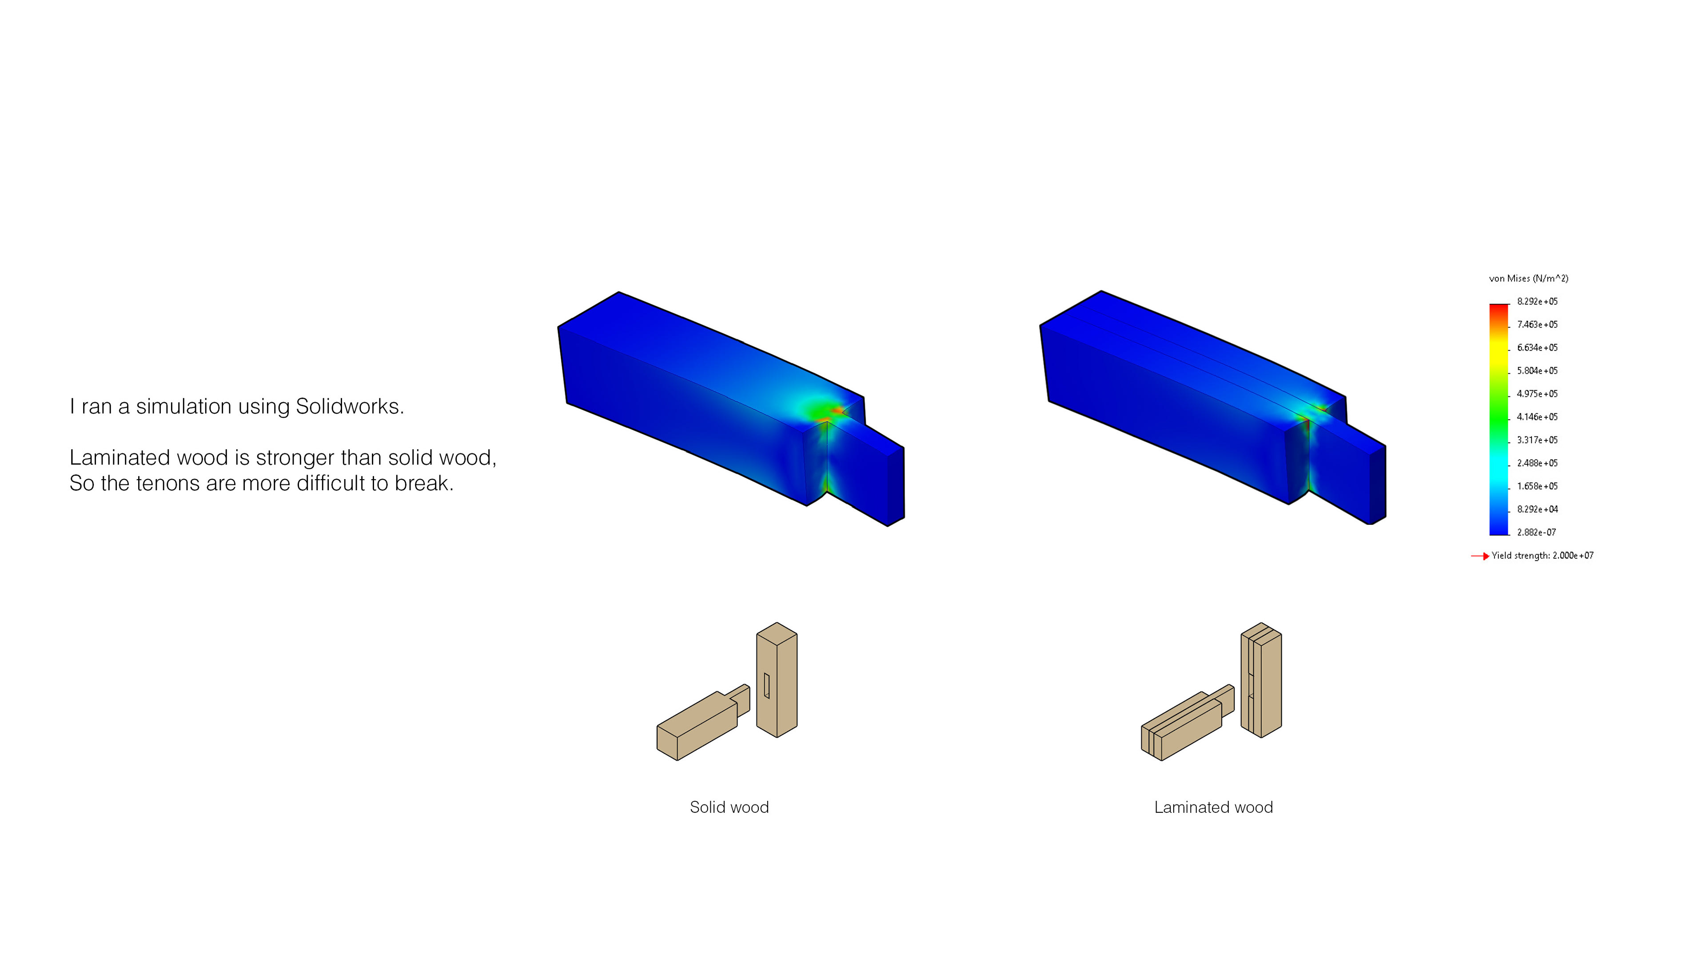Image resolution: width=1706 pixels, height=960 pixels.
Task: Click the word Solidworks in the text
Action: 349,406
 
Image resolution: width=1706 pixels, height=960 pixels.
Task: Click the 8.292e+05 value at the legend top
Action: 1537,301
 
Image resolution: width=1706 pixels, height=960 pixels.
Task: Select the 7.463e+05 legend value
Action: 1537,324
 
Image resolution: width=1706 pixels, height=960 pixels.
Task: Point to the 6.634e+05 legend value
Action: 1537,348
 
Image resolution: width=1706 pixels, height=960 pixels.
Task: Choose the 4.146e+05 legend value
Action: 1537,417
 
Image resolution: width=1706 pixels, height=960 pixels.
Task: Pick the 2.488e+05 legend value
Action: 1537,463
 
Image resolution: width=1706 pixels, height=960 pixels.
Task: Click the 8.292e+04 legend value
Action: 1537,509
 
